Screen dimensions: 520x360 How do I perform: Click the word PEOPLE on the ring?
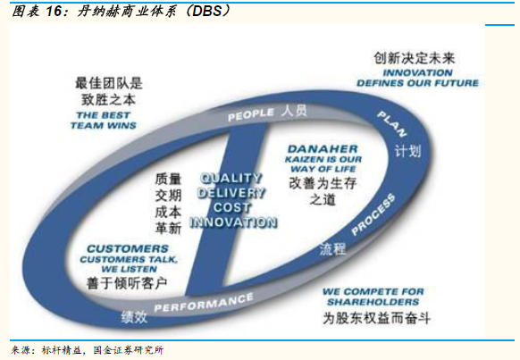(251, 114)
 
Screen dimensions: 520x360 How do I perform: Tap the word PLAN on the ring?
(392, 124)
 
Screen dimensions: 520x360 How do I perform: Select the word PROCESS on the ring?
(373, 214)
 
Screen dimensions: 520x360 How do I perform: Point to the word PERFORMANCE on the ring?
(204, 303)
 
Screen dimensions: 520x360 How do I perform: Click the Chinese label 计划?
(407, 152)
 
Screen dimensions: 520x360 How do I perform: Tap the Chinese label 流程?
(332, 249)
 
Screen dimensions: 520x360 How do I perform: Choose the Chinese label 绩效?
(134, 317)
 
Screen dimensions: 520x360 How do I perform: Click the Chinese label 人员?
(294, 111)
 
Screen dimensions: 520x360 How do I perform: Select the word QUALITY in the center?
(231, 178)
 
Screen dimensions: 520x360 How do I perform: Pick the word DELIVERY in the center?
(231, 193)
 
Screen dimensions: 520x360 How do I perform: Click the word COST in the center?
(231, 207)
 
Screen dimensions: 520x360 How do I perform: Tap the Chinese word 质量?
(168, 179)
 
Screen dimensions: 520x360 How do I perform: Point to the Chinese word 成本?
(168, 212)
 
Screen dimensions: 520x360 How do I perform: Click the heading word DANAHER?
(323, 149)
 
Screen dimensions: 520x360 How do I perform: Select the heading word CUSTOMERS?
(128, 248)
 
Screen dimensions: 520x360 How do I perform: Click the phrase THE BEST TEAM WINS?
(103, 121)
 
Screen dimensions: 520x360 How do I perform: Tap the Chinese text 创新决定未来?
(415, 58)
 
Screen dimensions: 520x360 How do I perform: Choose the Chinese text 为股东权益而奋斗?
(376, 318)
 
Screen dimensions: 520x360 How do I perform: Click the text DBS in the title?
(207, 11)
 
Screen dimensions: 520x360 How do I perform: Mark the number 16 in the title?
(54, 11)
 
